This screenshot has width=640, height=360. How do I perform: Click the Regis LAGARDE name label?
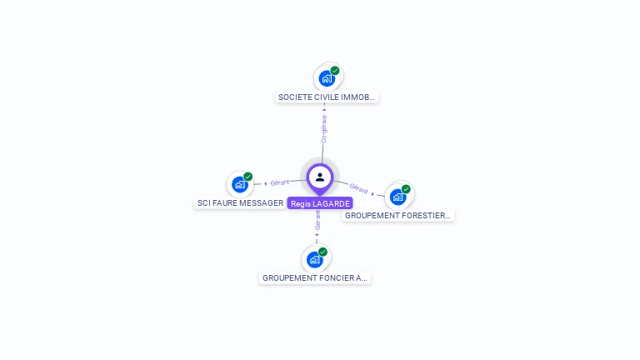pyautogui.click(x=320, y=203)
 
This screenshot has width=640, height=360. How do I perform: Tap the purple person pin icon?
pyautogui.click(x=320, y=177)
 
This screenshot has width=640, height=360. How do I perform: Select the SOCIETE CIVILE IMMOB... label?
pyautogui.click(x=327, y=97)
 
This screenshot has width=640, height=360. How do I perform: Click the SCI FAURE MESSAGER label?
pyautogui.click(x=240, y=202)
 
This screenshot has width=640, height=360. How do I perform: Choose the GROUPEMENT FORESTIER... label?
pyautogui.click(x=397, y=215)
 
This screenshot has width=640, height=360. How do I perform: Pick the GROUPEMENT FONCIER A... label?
pyautogui.click(x=315, y=277)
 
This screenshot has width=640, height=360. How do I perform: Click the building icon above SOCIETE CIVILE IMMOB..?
pyautogui.click(x=327, y=78)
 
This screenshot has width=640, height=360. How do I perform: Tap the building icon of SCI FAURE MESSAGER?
pyautogui.click(x=240, y=184)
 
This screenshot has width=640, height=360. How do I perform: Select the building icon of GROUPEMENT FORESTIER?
pyautogui.click(x=397, y=197)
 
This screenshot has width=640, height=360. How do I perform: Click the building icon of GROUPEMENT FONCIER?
pyautogui.click(x=315, y=259)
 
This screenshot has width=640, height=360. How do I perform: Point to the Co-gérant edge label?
pyautogui.click(x=324, y=129)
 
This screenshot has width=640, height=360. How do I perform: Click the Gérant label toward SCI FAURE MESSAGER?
pyautogui.click(x=280, y=182)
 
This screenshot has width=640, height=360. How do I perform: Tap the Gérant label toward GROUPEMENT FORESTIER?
pyautogui.click(x=359, y=189)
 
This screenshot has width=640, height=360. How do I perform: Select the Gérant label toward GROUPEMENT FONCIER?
pyautogui.click(x=317, y=221)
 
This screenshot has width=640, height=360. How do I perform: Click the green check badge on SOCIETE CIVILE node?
pyautogui.click(x=335, y=71)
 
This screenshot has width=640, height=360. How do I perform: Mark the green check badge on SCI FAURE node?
pyautogui.click(x=248, y=177)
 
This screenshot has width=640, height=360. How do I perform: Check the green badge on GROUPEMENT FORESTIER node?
pyautogui.click(x=406, y=189)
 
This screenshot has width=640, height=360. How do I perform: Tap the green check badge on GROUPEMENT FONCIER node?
pyautogui.click(x=323, y=252)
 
